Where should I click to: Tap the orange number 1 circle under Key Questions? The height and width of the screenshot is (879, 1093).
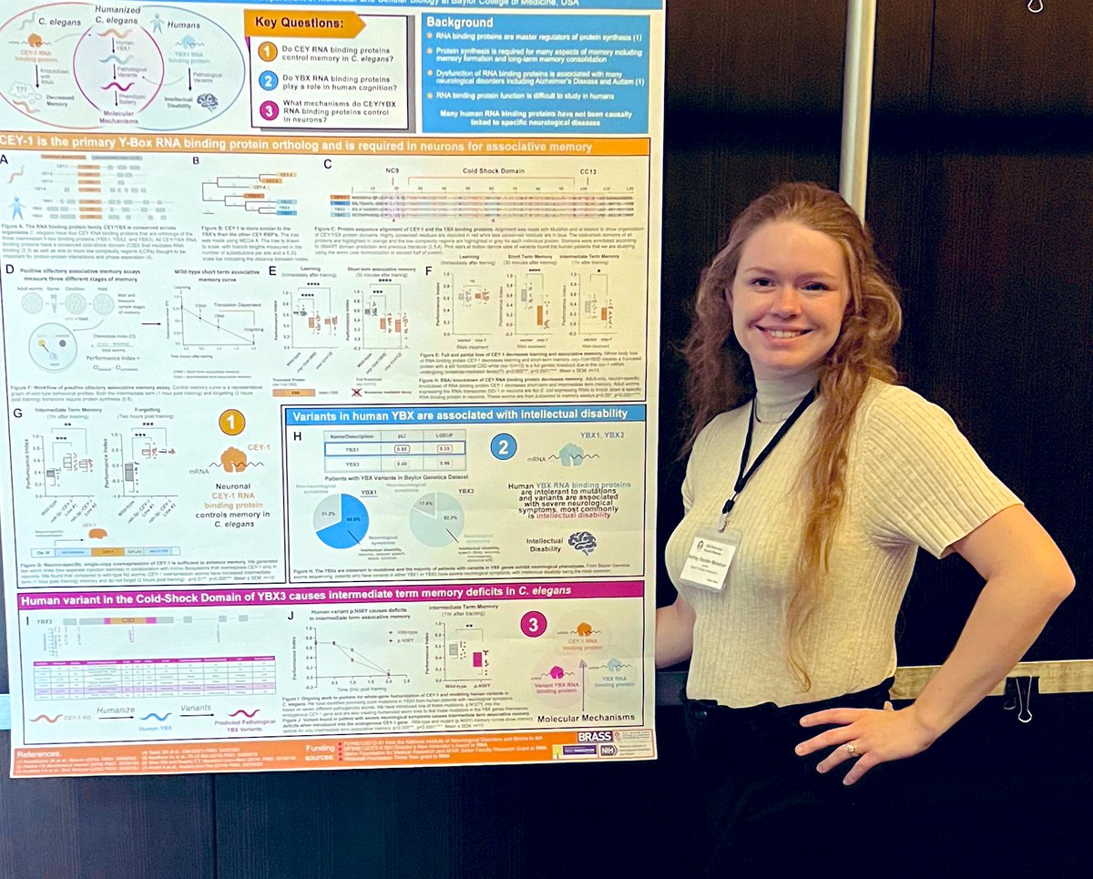267,52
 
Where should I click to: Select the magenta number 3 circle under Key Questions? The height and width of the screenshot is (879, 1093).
267,110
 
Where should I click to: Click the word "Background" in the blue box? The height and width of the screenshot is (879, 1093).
460,22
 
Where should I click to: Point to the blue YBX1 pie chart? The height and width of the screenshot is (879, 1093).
342,520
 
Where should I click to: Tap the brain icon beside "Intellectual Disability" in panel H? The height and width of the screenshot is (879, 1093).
582,543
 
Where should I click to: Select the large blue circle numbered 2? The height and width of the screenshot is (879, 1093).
504,446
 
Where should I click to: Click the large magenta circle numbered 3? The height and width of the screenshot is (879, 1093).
534,624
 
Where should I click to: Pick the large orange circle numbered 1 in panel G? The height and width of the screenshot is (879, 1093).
231,422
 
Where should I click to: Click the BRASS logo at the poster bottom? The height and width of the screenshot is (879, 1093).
594,737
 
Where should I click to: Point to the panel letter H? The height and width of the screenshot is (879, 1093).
297,436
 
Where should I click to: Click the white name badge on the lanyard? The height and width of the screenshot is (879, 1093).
707,558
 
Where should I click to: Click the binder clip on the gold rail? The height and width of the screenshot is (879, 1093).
1017,695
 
